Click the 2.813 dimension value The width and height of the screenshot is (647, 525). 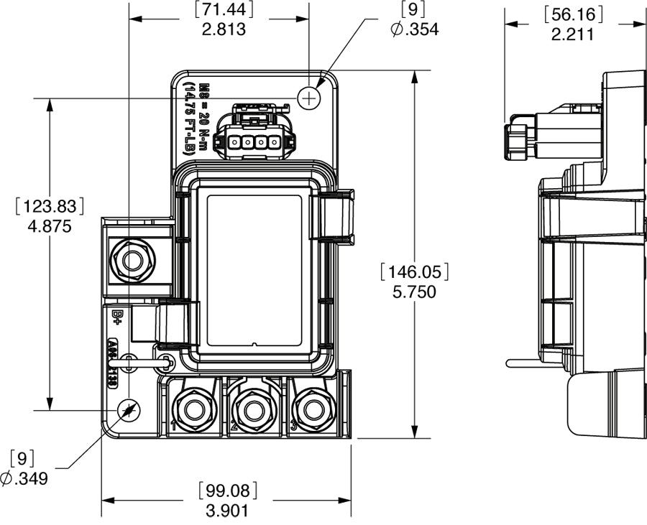coord(224,29)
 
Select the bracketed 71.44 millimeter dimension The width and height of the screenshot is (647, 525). coord(224,10)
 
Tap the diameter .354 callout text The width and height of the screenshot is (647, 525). coord(415,29)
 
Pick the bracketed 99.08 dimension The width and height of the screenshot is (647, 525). coord(226,491)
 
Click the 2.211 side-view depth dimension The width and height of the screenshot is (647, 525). coord(572,33)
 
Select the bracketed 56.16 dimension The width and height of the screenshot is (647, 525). coord(572,14)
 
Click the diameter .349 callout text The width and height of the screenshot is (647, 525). coord(25,478)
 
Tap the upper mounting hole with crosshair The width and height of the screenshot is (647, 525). coord(308,98)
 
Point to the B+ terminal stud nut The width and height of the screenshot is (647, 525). coord(133,260)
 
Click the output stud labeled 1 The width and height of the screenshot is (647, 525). coord(192,410)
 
